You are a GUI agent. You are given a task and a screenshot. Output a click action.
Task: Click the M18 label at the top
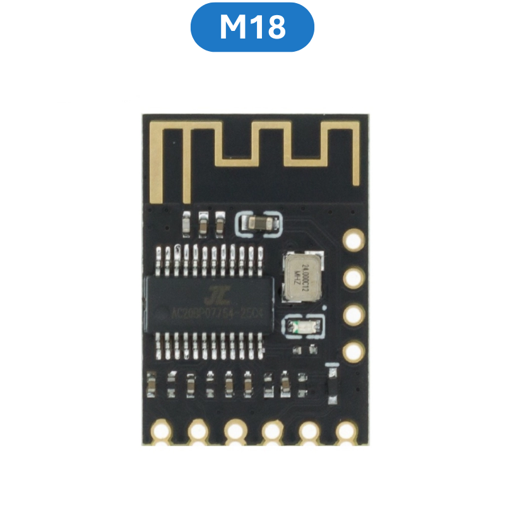coord(252,27)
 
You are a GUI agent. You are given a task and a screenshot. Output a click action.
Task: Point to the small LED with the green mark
coord(302,327)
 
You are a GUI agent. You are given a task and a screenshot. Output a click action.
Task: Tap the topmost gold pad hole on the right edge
coord(353,240)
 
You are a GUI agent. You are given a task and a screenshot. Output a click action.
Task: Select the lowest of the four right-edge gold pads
coord(353,351)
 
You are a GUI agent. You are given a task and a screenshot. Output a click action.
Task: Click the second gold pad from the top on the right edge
coord(353,276)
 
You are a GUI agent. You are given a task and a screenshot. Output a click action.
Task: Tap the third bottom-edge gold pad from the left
coord(235,431)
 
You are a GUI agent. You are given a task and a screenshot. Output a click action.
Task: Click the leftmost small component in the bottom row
coord(151,385)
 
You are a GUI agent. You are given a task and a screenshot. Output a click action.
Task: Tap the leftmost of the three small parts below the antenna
coord(187,223)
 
